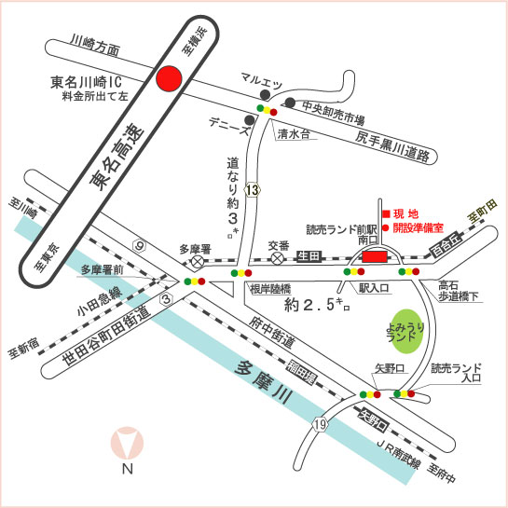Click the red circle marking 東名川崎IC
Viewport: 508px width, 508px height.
(x=169, y=78)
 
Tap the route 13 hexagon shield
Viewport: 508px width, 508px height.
(x=253, y=190)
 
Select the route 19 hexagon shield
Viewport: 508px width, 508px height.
(x=320, y=424)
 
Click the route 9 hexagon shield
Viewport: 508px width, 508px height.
(x=139, y=246)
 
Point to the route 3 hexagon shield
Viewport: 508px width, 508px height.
(x=167, y=299)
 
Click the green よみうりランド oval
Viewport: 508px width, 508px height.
(x=407, y=331)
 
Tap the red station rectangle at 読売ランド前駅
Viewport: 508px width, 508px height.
(x=375, y=256)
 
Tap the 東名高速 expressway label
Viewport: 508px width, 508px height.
(x=117, y=157)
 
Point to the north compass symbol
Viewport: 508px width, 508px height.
(x=127, y=443)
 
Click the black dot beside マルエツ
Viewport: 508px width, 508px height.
(x=265, y=94)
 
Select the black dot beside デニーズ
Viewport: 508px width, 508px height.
(x=250, y=120)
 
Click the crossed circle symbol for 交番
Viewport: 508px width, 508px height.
(x=278, y=258)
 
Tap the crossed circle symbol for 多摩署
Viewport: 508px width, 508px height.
(x=197, y=260)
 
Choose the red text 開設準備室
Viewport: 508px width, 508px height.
(x=418, y=227)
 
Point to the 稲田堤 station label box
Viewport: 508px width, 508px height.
(x=302, y=373)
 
